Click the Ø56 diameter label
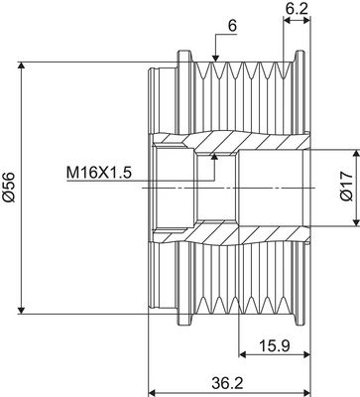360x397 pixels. (9, 187)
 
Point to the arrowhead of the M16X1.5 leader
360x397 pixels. (215, 156)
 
